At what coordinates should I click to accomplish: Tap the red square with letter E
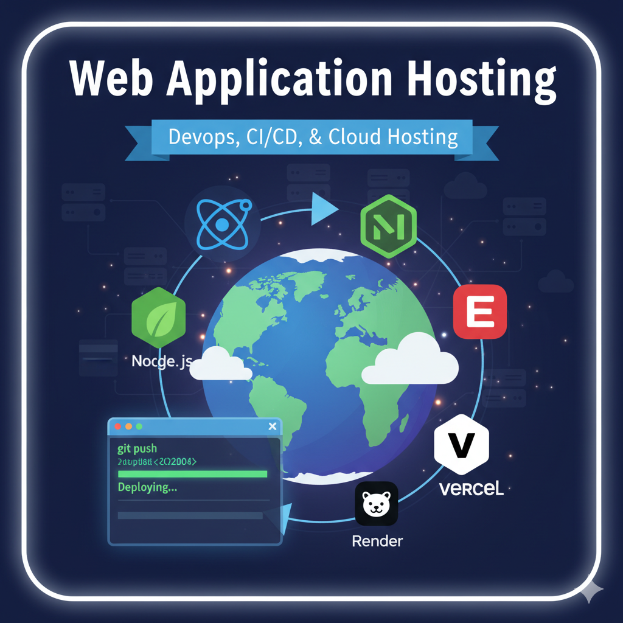(480, 311)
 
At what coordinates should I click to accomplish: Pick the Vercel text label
(471, 489)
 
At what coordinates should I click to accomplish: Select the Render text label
(377, 541)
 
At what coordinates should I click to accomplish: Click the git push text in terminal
(137, 449)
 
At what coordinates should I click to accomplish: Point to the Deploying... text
(148, 487)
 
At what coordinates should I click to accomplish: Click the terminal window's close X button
(272, 426)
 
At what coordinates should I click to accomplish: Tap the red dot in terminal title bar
(118, 426)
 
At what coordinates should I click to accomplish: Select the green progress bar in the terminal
(192, 474)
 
